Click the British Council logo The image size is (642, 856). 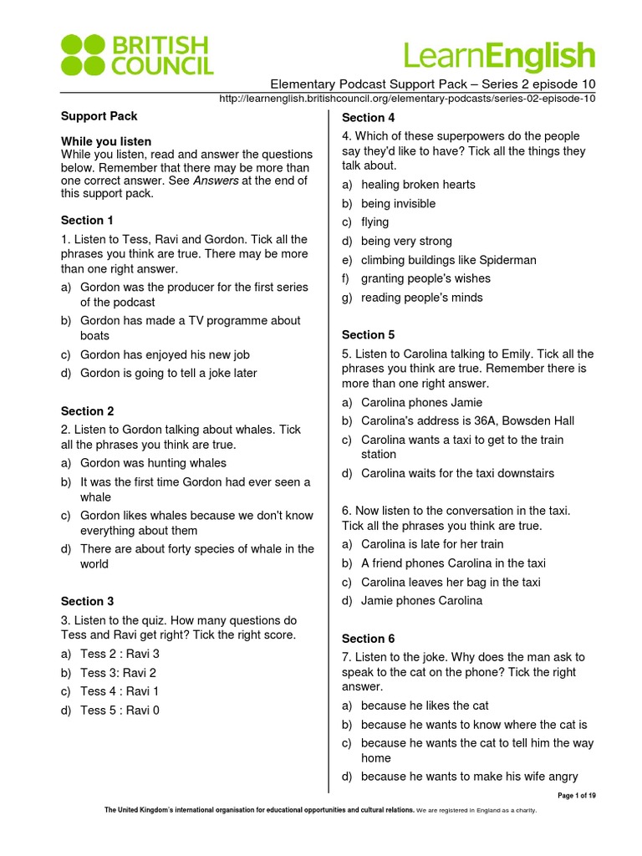[137, 54]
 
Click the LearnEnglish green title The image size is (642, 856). [499, 56]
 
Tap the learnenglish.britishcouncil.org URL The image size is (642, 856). [406, 99]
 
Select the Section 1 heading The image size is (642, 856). [87, 221]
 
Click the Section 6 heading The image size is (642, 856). [368, 639]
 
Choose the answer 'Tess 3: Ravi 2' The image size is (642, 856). [118, 673]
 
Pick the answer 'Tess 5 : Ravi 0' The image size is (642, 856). [120, 711]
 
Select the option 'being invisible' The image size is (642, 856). [398, 203]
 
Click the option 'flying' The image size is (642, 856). [374, 222]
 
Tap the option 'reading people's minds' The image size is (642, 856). [421, 298]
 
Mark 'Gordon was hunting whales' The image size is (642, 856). [153, 463]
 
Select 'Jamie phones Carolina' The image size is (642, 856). [421, 601]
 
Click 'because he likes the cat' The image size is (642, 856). [425, 706]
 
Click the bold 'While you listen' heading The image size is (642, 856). [106, 141]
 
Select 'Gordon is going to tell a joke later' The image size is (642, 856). [168, 374]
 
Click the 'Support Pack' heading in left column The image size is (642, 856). [99, 116]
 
